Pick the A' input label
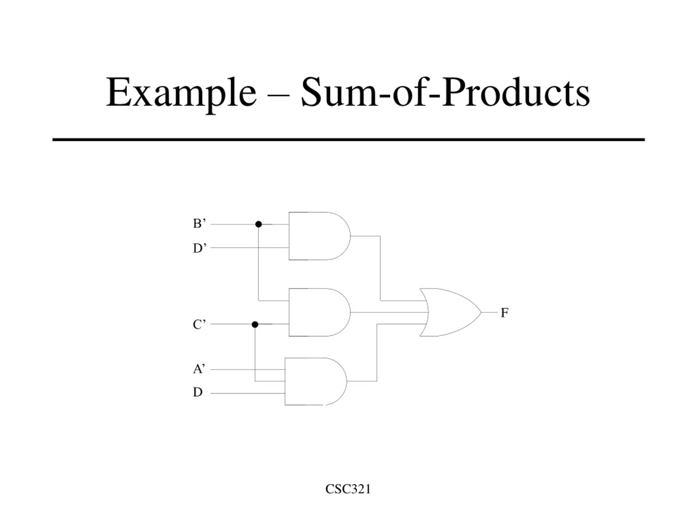point(199,369)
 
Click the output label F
point(505,313)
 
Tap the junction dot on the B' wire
point(258,224)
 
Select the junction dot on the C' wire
point(255,324)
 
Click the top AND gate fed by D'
point(320,236)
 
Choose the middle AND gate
point(320,312)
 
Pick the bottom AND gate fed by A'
point(316,381)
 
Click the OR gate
point(451,312)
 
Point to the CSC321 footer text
point(348,489)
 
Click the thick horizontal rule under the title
point(348,139)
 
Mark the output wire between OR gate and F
point(489,312)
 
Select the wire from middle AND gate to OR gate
point(389,312)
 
